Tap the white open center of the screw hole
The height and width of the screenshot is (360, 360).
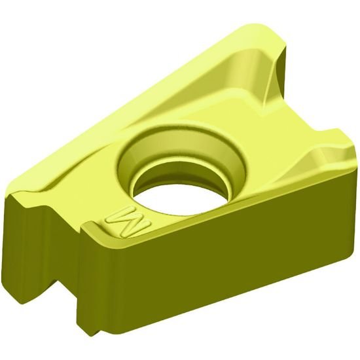(x=186, y=193)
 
